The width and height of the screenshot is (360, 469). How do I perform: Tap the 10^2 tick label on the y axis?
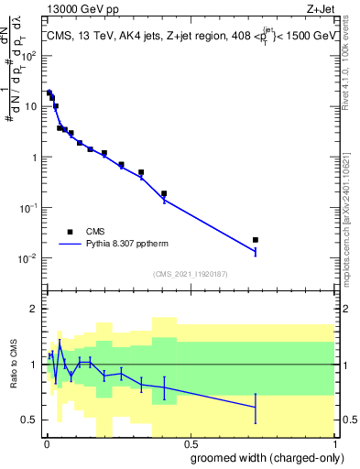30,56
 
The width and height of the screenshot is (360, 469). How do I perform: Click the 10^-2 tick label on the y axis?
30,258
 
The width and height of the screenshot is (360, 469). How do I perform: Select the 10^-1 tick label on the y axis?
30,208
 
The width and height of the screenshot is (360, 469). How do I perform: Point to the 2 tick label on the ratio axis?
35,309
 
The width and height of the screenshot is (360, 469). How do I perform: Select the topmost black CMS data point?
49,93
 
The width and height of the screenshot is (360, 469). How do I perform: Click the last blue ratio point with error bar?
256,407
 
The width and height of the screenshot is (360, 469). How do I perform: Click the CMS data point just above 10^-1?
164,193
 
